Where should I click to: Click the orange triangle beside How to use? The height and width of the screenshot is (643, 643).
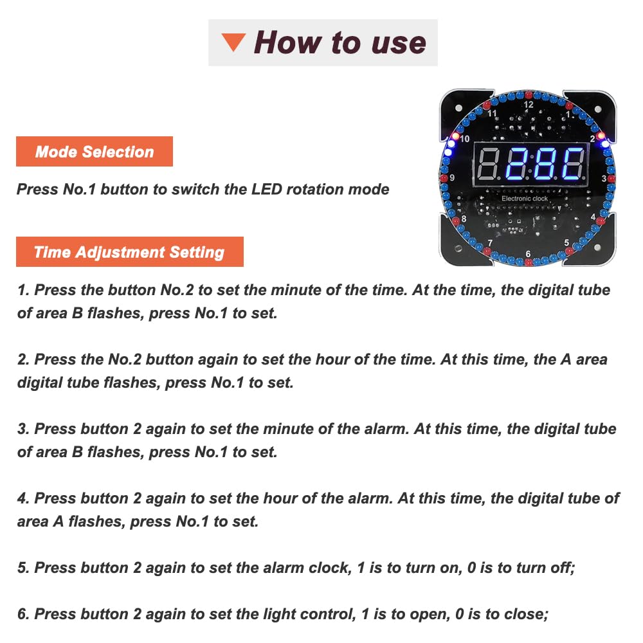(234, 42)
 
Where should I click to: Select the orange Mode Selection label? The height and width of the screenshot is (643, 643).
(95, 151)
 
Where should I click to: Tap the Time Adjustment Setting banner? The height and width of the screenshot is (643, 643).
(130, 252)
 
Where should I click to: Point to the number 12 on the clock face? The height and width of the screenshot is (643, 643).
(528, 105)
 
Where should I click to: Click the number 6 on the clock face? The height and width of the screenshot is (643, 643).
(528, 254)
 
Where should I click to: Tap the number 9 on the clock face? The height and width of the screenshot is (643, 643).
(452, 177)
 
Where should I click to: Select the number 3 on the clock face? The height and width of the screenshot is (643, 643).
(604, 178)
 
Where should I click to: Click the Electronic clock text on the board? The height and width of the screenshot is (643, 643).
(525, 199)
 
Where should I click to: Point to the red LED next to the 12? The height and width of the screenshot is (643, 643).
(528, 95)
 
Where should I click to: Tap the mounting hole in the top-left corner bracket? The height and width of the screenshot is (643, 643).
(458, 108)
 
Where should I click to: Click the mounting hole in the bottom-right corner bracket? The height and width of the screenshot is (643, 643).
(597, 248)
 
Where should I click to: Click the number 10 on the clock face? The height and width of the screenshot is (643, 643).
(465, 139)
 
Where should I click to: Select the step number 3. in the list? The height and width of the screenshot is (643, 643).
(23, 429)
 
